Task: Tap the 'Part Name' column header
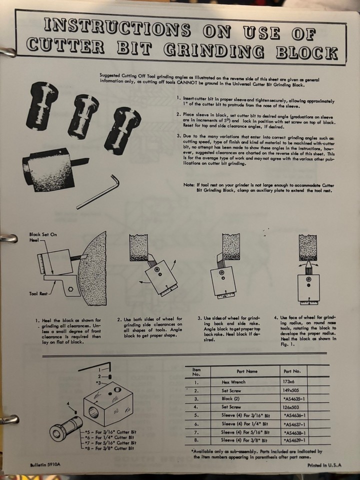coord(244,371)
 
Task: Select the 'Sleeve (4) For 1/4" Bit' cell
coord(245,423)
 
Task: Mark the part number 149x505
coord(293,389)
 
